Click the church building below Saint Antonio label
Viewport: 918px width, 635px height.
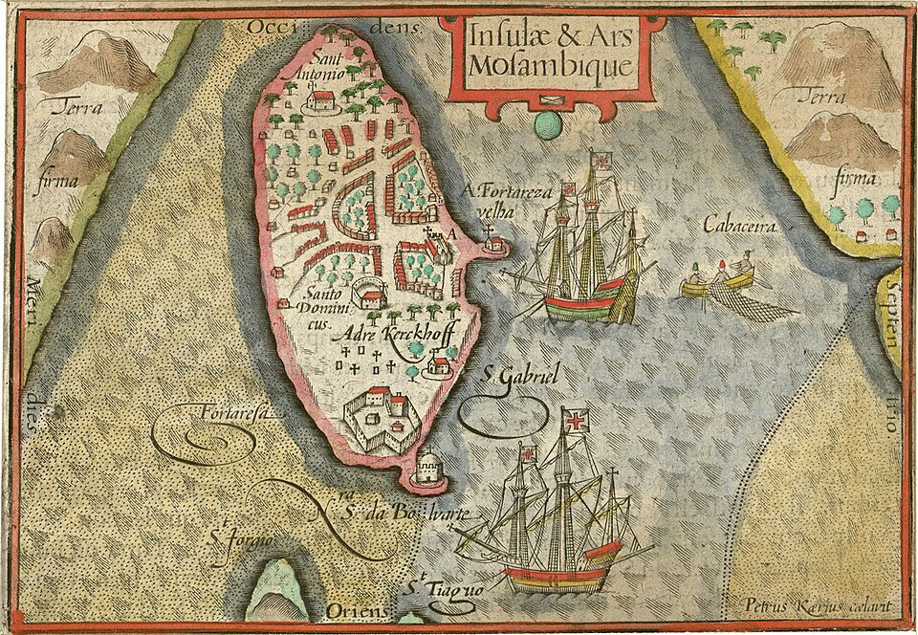[x=322, y=99]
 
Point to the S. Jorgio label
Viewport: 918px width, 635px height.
[x=240, y=541]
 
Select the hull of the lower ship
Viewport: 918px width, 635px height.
[x=555, y=576]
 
